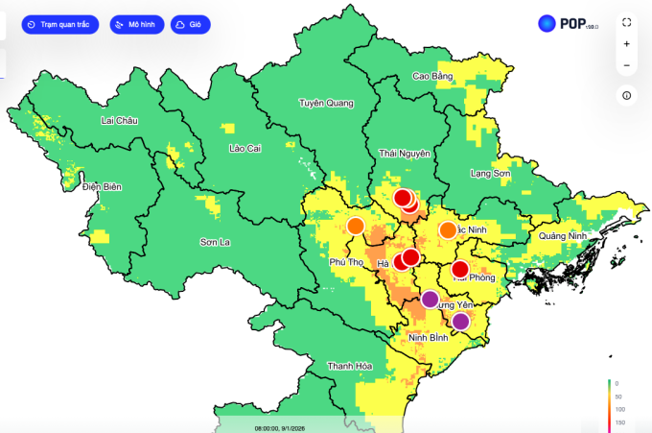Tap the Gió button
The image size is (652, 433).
191,24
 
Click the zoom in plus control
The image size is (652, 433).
626,44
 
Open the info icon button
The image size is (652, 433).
626,95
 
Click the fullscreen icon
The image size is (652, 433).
626,21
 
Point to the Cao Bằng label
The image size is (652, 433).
431,76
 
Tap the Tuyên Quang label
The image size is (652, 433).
326,103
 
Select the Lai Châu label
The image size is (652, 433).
120,120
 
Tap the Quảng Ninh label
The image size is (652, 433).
562,236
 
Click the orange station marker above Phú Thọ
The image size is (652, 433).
356,227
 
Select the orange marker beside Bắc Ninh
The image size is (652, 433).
448,230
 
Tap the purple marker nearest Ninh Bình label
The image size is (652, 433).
461,322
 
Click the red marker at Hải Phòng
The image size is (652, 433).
460,270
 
